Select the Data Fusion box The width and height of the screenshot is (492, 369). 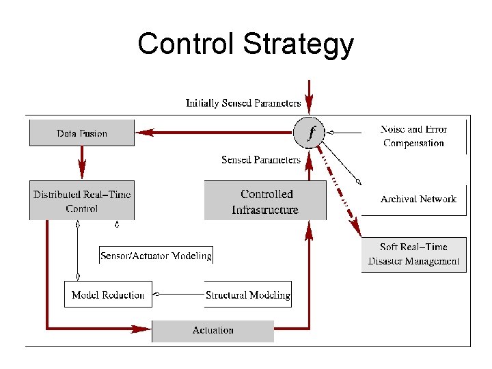click(82, 133)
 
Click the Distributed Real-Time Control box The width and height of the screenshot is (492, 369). click(82, 201)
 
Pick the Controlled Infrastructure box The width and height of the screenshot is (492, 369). click(265, 202)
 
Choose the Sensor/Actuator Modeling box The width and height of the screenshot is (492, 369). click(156, 256)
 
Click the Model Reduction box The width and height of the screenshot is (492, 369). click(108, 295)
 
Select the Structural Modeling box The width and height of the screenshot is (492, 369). click(248, 295)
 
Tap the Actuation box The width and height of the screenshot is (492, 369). click(213, 331)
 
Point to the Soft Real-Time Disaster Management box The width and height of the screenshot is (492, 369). click(413, 254)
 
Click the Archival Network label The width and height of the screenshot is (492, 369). click(418, 199)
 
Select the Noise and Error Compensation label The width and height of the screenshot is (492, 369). click(413, 136)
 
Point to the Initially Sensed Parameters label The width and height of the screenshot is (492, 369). click(243, 103)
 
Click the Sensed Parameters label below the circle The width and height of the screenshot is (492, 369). click(260, 160)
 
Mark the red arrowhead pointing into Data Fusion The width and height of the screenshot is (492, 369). click(144, 133)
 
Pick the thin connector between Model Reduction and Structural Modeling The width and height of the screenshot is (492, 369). click(179, 295)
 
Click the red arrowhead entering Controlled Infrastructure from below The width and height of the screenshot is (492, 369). click(309, 232)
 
